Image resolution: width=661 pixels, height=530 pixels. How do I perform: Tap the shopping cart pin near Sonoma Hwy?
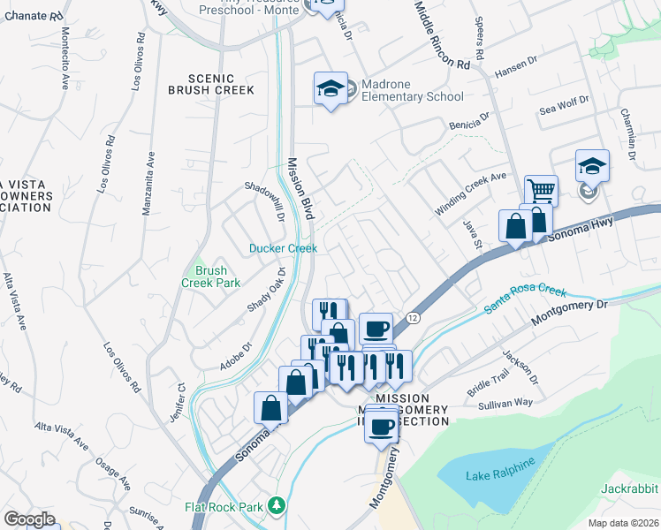[540, 189]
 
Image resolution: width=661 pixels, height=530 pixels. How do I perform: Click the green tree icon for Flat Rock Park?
[277, 505]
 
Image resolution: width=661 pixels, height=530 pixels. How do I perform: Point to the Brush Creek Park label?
[211, 276]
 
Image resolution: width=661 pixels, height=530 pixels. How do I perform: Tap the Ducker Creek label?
[282, 248]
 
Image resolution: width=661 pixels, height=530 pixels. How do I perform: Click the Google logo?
[29, 519]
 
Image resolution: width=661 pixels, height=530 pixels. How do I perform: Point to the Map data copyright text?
[624, 523]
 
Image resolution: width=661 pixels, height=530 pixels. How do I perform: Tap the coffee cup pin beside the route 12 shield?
[376, 329]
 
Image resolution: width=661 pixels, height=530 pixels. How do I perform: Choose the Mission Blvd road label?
[301, 189]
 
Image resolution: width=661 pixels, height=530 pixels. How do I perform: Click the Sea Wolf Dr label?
[563, 107]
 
